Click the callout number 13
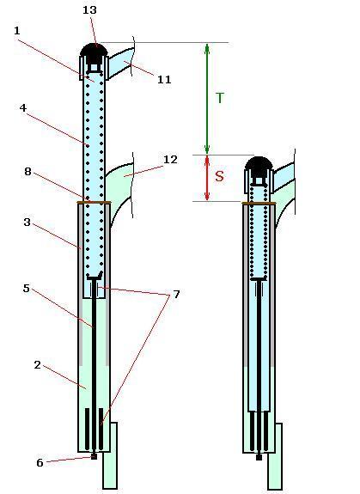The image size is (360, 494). [x=89, y=10]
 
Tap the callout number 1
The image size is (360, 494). [x=17, y=31]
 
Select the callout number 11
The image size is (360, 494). [x=164, y=79]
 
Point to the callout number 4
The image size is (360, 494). [x=22, y=107]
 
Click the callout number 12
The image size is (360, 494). [x=170, y=160]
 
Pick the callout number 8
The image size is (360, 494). [x=27, y=171]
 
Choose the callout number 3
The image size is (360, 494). [x=27, y=223]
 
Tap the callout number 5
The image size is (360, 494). [x=27, y=288]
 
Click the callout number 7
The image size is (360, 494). [x=176, y=295]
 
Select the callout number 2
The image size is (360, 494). [x=37, y=364]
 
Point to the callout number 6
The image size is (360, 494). [x=40, y=462]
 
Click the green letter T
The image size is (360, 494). [x=220, y=98]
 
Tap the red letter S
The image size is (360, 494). [x=220, y=176]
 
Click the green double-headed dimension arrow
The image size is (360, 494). [x=207, y=99]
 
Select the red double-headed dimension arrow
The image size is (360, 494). [x=207, y=178]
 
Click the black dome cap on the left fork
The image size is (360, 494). [x=94, y=51]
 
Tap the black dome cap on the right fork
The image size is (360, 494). [x=259, y=164]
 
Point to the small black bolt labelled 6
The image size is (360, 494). [x=94, y=456]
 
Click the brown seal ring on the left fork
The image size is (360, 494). [x=95, y=202]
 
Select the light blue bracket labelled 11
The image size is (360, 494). [x=121, y=63]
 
